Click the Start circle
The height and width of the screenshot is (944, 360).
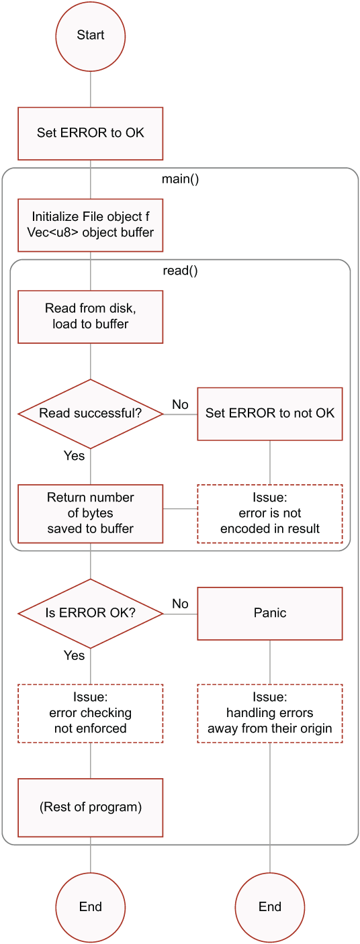coord(90,36)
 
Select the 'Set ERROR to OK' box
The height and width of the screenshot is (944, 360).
coord(90,134)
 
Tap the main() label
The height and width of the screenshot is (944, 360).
coord(181,179)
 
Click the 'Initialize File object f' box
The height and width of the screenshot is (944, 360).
coord(90,225)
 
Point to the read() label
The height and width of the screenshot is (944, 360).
coord(181,271)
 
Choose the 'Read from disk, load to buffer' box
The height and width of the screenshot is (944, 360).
coord(90,317)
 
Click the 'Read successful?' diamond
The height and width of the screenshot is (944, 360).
coord(90,414)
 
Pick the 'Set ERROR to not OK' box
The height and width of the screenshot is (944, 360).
coord(270,414)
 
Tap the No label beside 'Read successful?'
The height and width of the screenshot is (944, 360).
coord(180,405)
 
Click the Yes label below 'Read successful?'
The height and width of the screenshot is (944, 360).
coord(74,456)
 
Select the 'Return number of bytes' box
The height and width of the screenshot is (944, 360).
coord(90,514)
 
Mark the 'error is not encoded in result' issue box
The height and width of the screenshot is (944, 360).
coord(270,514)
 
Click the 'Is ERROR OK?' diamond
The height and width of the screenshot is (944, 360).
coord(90,614)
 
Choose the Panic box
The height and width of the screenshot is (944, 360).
coord(270,614)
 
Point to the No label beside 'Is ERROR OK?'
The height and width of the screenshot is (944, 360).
coord(180,604)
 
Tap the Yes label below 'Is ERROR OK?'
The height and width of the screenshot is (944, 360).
coord(74,655)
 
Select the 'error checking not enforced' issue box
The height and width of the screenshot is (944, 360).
coord(90,714)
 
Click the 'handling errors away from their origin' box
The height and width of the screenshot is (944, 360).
coord(270,714)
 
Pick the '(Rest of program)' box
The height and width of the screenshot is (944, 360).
coord(90,808)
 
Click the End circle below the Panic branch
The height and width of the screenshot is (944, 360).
coord(270,907)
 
